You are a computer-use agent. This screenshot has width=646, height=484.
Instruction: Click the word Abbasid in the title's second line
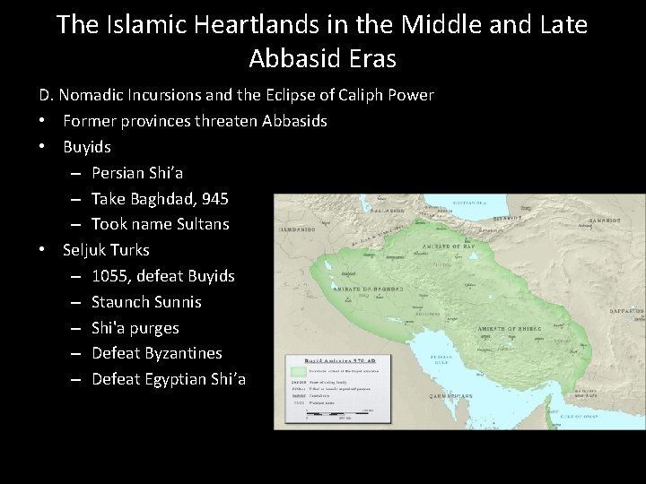[298, 58]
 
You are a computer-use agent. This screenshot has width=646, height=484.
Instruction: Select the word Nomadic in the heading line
[94, 95]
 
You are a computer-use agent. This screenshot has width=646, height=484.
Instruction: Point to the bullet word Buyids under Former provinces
[87, 146]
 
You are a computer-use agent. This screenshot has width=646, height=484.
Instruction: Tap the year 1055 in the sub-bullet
[109, 276]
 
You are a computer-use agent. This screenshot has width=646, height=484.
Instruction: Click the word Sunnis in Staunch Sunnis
[174, 302]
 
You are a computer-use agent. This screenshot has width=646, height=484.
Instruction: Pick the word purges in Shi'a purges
[154, 328]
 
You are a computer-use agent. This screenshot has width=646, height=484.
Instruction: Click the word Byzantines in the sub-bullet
[180, 353]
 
